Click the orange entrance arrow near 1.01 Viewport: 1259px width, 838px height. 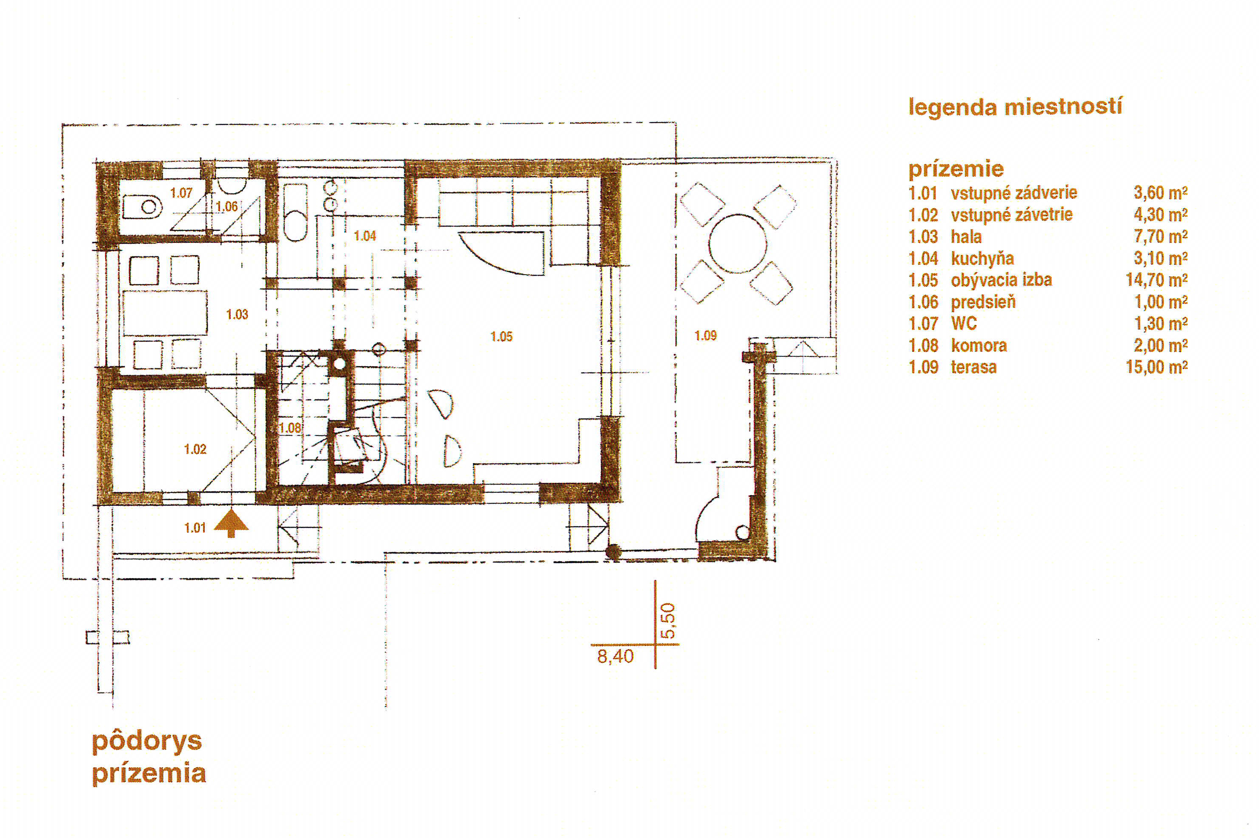tap(231, 522)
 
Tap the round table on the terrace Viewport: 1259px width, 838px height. tap(738, 244)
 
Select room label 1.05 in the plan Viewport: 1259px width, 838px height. tap(501, 336)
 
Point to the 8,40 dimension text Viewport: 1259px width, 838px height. tap(615, 656)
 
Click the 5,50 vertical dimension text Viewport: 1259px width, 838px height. tap(668, 621)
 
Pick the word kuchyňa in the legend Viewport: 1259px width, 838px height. tap(982, 258)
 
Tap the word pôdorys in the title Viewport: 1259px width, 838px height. tap(147, 742)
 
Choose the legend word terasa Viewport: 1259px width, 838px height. tap(973, 367)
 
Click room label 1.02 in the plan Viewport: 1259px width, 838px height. tap(195, 449)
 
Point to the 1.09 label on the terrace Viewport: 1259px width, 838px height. tap(705, 336)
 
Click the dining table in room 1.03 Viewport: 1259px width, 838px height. tap(165, 313)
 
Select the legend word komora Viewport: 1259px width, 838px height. tap(979, 345)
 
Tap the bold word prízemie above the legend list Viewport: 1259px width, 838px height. tap(956, 169)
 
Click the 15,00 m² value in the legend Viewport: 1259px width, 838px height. tap(1156, 367)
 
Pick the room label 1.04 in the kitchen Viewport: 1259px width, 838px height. tap(365, 236)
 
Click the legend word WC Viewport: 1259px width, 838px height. tap(964, 323)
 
